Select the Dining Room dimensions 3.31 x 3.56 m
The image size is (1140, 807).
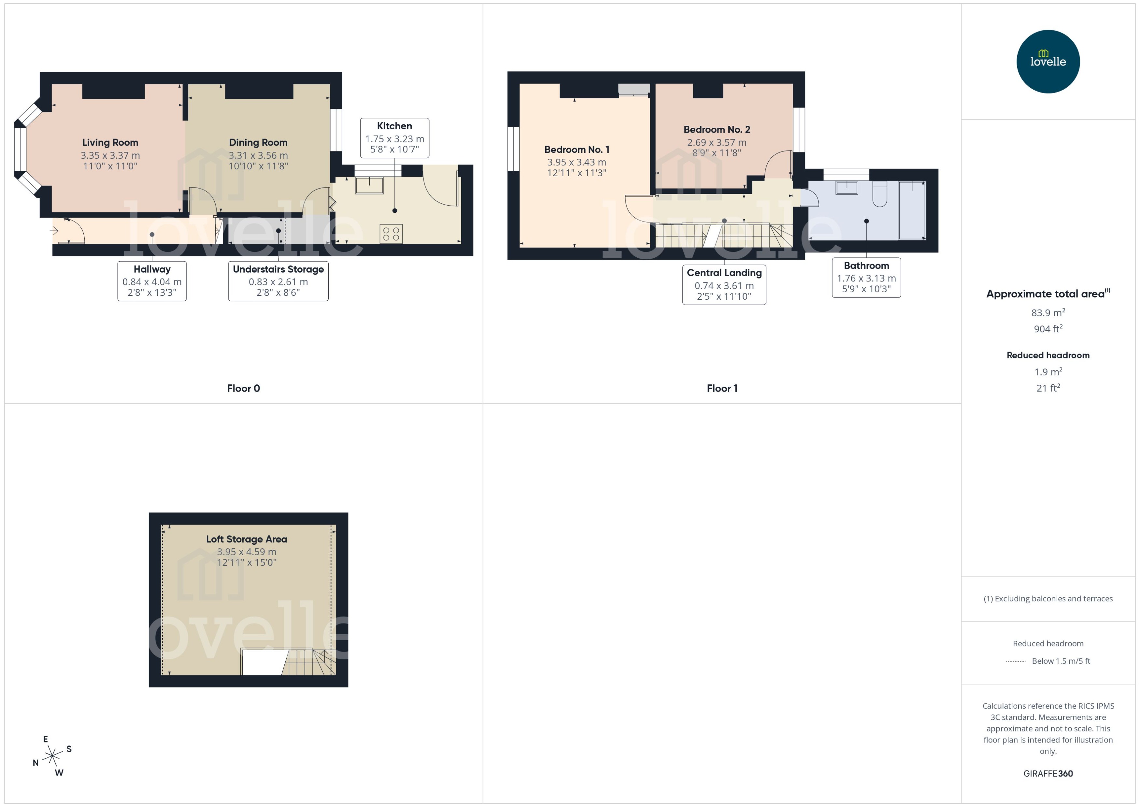point(258,155)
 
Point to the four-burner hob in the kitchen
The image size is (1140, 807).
point(391,234)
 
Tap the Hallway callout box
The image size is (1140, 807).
point(152,281)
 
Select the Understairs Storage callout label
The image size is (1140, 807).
point(278,269)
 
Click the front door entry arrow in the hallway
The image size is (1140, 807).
point(54,231)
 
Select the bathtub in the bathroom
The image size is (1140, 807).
point(912,210)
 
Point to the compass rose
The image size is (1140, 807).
point(52,756)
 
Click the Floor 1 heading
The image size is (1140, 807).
point(722,389)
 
